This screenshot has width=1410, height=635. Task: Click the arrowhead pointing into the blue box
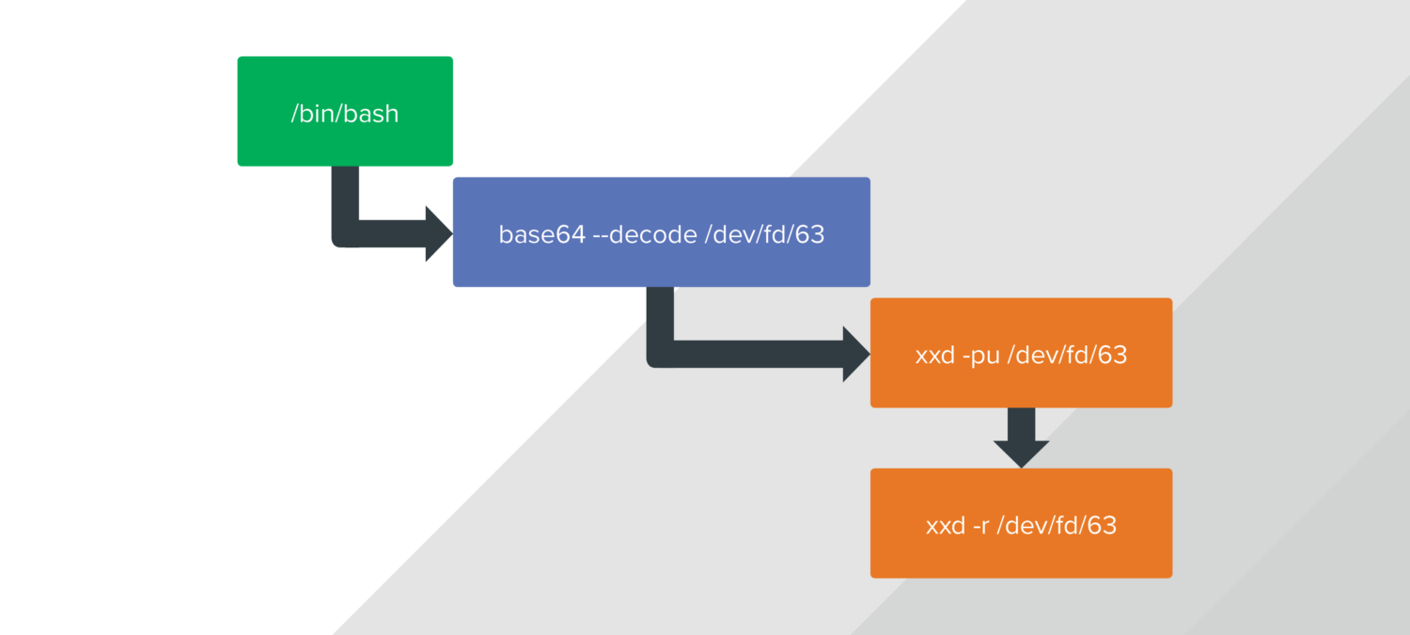tap(438, 233)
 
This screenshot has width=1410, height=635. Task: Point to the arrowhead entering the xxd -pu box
tap(855, 354)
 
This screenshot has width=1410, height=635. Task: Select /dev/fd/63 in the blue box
tap(765, 234)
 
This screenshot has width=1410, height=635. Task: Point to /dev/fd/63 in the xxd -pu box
tap(1068, 356)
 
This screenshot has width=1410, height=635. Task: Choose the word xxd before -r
tap(945, 525)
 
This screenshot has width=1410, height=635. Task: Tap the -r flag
tap(983, 525)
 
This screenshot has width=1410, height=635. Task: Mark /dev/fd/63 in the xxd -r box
tap(1058, 525)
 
